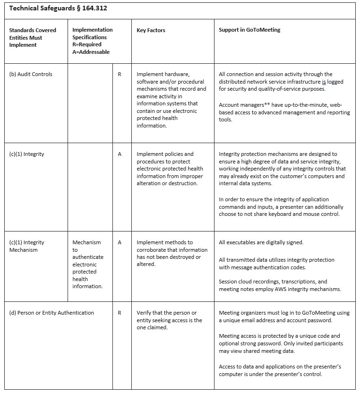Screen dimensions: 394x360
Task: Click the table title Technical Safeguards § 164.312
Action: (x=54, y=9)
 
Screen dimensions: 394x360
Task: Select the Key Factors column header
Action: (x=151, y=30)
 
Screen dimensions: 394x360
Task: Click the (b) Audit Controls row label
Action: (x=31, y=74)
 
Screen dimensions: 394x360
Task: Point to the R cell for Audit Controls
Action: (x=120, y=74)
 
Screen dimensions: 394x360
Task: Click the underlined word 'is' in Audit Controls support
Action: (x=324, y=81)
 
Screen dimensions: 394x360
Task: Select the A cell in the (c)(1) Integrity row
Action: (x=120, y=154)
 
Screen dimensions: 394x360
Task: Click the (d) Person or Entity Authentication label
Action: (x=51, y=313)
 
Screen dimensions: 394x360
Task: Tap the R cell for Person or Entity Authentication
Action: (x=120, y=313)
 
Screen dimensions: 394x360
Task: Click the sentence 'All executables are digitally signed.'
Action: (x=261, y=242)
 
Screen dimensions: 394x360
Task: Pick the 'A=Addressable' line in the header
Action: (x=91, y=52)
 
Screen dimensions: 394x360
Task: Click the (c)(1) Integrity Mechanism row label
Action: (x=27, y=246)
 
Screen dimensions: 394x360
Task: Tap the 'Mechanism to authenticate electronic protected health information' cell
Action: (x=87, y=264)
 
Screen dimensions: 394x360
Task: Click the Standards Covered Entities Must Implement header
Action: (x=33, y=37)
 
